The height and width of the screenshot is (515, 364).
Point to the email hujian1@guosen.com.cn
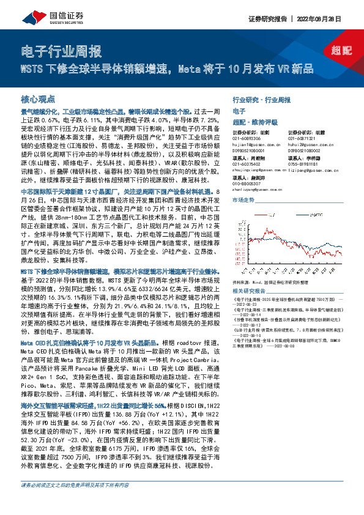pyautogui.click(x=255, y=144)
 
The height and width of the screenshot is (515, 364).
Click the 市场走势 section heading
pyautogui.click(x=242, y=199)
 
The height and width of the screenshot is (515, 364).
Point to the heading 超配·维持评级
pyautogui.click(x=253, y=122)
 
